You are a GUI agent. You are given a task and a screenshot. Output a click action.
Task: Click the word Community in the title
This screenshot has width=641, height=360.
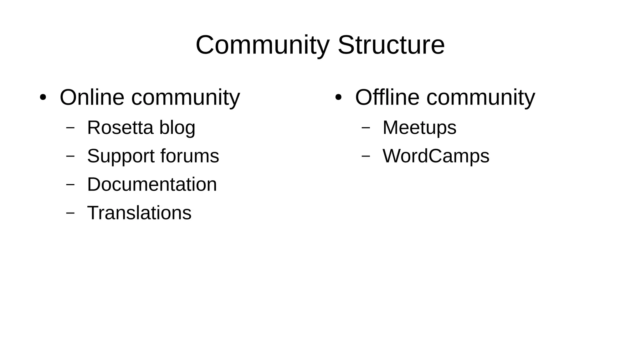coord(262,45)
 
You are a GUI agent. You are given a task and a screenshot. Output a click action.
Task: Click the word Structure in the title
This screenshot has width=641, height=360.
coord(391,45)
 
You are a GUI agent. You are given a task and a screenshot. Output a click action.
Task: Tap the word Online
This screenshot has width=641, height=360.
coord(92,97)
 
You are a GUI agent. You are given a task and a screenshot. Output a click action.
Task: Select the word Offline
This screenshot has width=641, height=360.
coord(387,97)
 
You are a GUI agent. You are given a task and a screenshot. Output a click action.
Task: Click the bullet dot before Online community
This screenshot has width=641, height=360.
coord(43,97)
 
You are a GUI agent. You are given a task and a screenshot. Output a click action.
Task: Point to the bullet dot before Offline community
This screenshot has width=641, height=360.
coord(338,97)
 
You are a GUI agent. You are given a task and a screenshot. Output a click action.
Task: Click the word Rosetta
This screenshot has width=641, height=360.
coord(120,128)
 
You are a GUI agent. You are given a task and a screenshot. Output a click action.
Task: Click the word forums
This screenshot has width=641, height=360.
coord(190,156)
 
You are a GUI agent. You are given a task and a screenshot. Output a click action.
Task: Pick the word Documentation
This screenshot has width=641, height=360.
coord(152,184)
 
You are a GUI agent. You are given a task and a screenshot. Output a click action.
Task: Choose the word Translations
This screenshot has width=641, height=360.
coord(139,213)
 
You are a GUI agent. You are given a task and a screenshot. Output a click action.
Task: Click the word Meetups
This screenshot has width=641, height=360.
coord(419,128)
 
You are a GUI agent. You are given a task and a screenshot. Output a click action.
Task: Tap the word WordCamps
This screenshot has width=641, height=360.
coord(436,156)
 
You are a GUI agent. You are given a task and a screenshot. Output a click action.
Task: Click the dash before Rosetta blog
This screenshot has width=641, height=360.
coord(70,127)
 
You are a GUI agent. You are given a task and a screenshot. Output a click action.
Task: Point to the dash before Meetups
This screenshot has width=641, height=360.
coord(366,127)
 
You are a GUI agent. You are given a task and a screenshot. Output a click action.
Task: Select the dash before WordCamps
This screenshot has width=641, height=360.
coord(366,156)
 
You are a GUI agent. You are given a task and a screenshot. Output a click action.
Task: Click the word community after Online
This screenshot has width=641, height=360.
coord(186,98)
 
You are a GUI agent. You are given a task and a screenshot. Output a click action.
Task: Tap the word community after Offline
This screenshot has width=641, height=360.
coord(481,98)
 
